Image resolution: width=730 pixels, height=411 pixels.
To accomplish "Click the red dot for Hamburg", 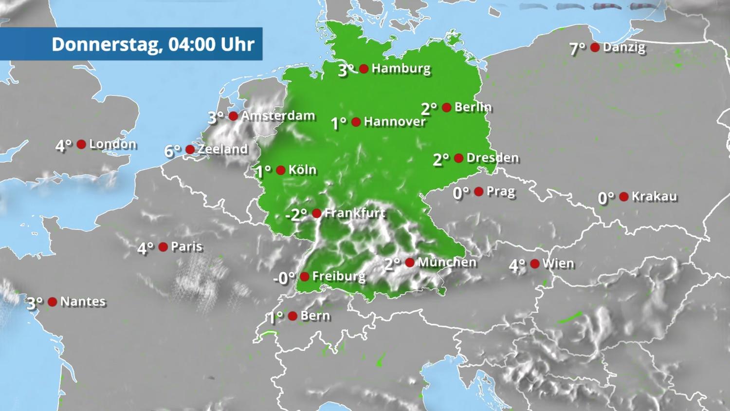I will tap(364, 69).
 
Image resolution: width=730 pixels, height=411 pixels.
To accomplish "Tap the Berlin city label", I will tap(473, 107).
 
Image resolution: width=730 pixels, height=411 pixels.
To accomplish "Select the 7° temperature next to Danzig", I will tap(578, 49).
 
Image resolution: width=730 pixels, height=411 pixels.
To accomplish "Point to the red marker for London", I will tap(81, 144).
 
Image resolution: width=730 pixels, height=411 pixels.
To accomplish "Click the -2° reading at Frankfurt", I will tap(296, 214).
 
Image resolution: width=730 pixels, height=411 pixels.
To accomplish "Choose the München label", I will tap(447, 262).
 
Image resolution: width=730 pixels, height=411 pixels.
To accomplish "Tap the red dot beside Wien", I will tap(535, 263).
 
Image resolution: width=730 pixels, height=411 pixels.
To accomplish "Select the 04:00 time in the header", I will tap(191, 44).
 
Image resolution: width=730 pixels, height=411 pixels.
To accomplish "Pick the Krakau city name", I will tap(654, 197).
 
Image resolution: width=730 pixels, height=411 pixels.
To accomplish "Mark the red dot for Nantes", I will tap(53, 302).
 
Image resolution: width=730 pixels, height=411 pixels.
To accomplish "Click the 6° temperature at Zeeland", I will tap(172, 151).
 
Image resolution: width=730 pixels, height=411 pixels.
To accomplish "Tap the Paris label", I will tap(186, 247).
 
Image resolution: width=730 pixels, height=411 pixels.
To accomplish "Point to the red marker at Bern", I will tap(292, 316).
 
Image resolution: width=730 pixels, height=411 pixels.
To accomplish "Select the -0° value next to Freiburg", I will tap(284, 278).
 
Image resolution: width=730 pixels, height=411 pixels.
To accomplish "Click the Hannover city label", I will tap(395, 122).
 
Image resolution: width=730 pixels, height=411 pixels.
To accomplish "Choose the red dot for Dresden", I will tap(458, 158).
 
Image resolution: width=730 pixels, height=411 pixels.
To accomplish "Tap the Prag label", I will tap(500, 192).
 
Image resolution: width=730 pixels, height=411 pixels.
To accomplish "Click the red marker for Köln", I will tap(281, 170).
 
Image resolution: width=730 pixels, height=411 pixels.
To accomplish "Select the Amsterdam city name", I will tap(278, 116).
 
